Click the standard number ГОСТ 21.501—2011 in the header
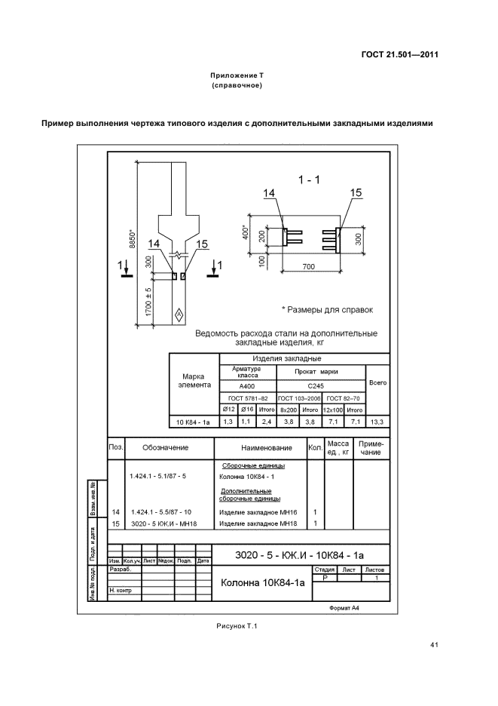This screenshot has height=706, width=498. pos(399,54)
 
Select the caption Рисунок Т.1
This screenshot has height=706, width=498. pos(237,625)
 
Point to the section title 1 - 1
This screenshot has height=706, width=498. pos(309,180)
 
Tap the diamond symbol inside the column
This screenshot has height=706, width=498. pos(179,314)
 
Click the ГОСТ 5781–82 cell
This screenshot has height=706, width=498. pos(248,398)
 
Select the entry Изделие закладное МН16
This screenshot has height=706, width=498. pos(257,512)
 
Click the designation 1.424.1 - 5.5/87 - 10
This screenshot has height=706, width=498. pos(160,512)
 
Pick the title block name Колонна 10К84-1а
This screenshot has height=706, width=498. pos(261,583)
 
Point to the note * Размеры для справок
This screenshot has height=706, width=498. pos(327,310)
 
